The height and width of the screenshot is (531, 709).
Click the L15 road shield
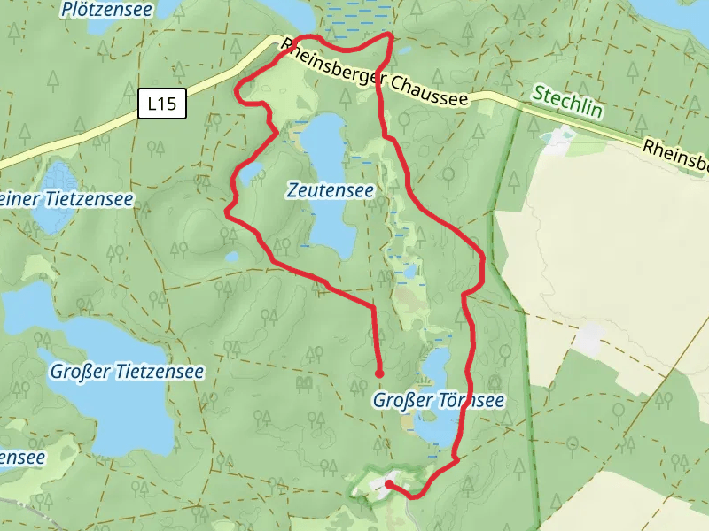pos(162,104)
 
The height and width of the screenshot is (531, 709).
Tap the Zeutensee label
pos(330,190)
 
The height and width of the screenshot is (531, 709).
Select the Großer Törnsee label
pos(438,401)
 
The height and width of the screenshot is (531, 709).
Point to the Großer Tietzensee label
pos(127,372)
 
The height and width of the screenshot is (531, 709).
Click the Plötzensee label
pos(107,10)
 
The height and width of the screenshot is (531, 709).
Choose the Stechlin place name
pos(566,100)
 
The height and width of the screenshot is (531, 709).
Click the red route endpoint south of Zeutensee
pos(379,373)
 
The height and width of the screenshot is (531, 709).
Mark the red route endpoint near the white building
pos(389,483)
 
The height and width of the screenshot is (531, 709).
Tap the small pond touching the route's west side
pos(249,171)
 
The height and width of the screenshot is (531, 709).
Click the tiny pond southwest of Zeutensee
pos(232,257)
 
